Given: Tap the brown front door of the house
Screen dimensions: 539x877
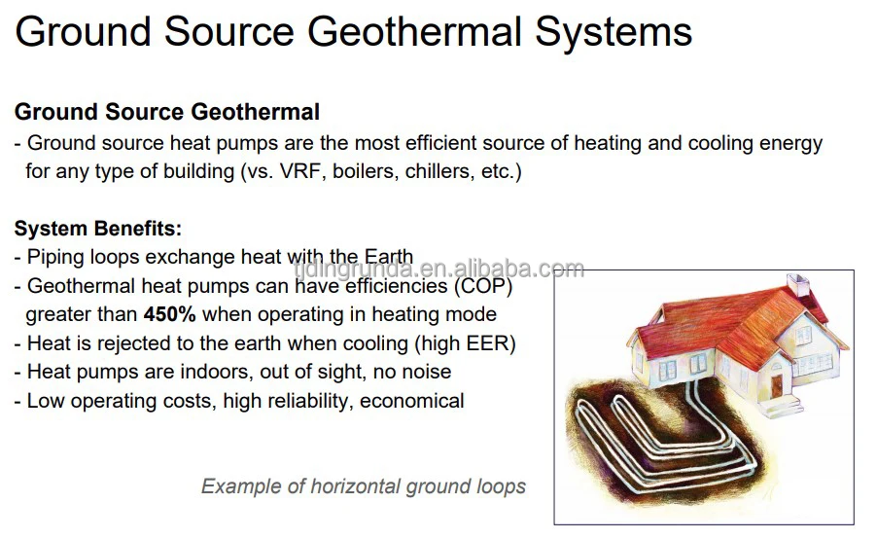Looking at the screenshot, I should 776,385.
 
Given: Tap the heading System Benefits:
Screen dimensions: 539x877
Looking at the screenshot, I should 97,230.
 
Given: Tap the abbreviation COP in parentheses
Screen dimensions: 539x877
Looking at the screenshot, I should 481,286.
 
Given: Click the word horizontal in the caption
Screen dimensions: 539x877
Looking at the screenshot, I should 351,485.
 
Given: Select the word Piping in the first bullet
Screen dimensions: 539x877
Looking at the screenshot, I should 54,258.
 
